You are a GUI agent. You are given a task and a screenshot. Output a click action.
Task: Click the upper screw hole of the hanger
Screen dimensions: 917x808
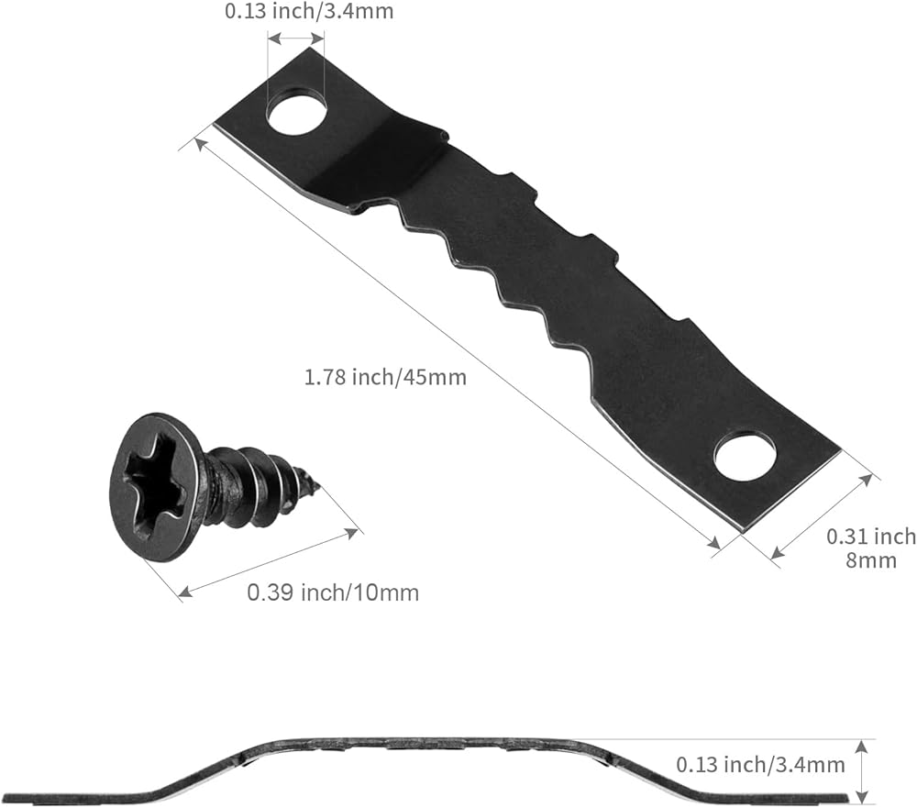297,110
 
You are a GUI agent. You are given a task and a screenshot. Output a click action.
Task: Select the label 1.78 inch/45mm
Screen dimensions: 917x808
385,377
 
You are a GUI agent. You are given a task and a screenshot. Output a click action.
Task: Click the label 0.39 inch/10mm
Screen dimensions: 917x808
333,592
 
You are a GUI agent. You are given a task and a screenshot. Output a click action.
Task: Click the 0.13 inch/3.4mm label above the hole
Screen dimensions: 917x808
309,11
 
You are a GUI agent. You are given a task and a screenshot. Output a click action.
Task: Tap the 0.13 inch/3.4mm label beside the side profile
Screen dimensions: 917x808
760,765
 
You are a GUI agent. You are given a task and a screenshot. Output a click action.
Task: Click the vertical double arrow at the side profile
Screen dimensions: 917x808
861,771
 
